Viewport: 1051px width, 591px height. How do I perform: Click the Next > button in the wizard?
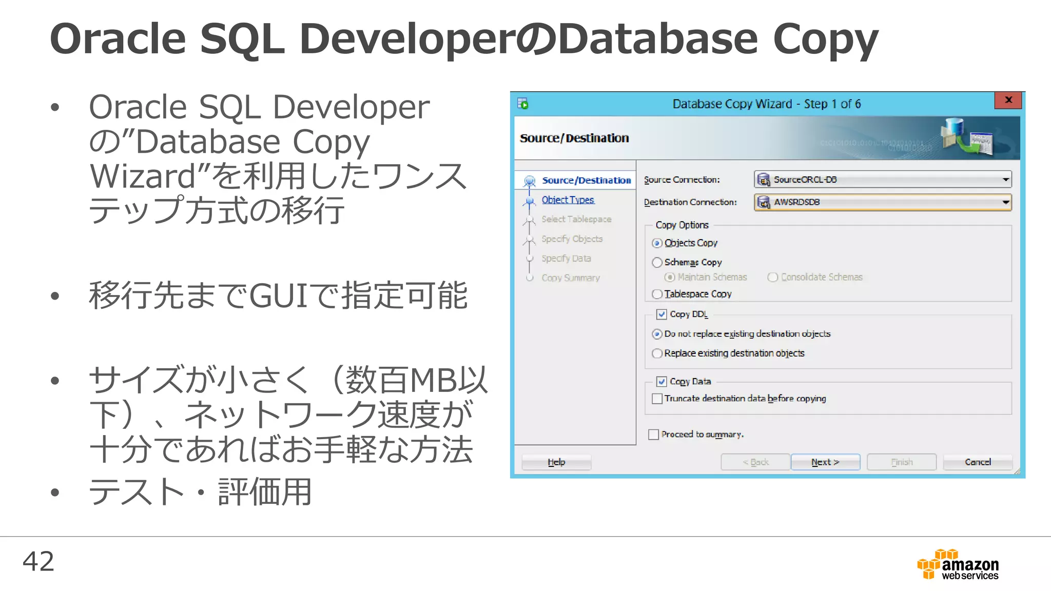pos(825,462)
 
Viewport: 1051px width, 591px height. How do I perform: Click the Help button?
pos(556,462)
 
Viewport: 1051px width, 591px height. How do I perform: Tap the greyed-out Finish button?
pos(902,462)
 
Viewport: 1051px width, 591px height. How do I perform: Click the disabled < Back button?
pos(755,462)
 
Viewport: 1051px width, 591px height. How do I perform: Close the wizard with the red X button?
pos(1008,100)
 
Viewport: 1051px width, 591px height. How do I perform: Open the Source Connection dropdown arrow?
pos(1005,180)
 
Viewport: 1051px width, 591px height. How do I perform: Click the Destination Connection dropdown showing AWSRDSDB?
pos(883,202)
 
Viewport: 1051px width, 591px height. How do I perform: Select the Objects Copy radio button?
pos(657,243)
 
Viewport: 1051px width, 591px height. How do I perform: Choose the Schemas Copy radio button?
pos(657,263)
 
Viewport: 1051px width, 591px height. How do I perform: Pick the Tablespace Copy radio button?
pos(657,294)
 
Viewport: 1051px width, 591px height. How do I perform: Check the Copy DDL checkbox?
pos(661,314)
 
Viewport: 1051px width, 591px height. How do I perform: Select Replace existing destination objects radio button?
pos(657,353)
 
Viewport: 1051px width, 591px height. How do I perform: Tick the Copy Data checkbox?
pos(661,382)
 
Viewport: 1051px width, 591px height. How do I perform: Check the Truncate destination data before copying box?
pos(657,399)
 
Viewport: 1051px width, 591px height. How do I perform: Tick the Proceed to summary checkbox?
pos(653,435)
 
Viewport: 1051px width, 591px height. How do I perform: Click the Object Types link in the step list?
pos(568,200)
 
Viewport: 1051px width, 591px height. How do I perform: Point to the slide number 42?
pos(38,561)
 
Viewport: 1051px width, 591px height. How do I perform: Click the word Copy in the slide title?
pos(825,40)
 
